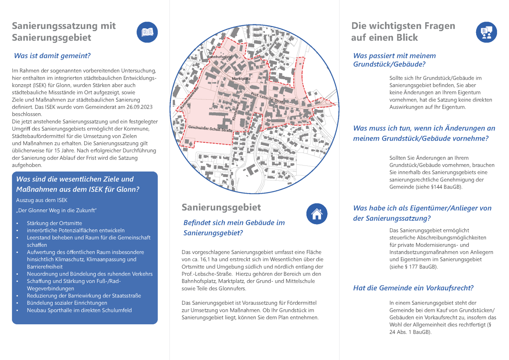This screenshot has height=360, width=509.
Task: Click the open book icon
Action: [147, 32]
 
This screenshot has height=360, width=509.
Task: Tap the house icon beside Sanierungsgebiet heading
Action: [317, 214]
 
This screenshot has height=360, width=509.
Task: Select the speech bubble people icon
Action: [486, 32]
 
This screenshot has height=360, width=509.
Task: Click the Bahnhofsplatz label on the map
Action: [219, 57]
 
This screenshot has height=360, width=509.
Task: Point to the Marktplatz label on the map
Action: [241, 79]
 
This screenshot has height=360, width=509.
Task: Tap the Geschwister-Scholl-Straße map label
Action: [210, 128]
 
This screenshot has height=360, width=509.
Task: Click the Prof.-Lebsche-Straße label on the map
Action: [268, 98]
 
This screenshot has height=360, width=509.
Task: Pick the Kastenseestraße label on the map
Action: [189, 98]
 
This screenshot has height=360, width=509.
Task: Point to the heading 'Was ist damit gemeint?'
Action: [52, 56]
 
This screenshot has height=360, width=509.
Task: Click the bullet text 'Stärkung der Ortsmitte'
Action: [54, 223]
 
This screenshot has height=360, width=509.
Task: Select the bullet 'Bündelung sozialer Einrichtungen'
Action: [67, 303]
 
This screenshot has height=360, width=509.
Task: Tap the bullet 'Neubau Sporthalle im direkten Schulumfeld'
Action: [79, 310]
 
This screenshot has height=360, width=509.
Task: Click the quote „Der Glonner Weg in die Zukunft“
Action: [56, 210]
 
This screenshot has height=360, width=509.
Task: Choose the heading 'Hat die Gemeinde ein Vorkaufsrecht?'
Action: [413, 288]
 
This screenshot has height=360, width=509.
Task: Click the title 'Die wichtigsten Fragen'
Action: [403, 26]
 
